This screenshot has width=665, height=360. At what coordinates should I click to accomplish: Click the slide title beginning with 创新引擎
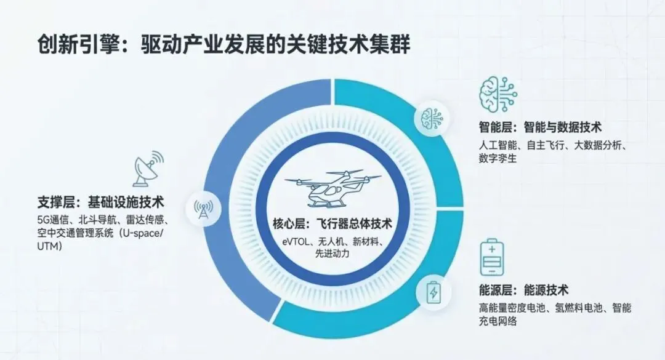pos(224,44)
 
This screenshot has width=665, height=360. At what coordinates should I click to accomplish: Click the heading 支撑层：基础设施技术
pos(103,202)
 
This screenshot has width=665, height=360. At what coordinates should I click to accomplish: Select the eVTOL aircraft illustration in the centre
pos(332,187)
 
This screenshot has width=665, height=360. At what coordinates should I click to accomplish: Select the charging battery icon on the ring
pos(433,292)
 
